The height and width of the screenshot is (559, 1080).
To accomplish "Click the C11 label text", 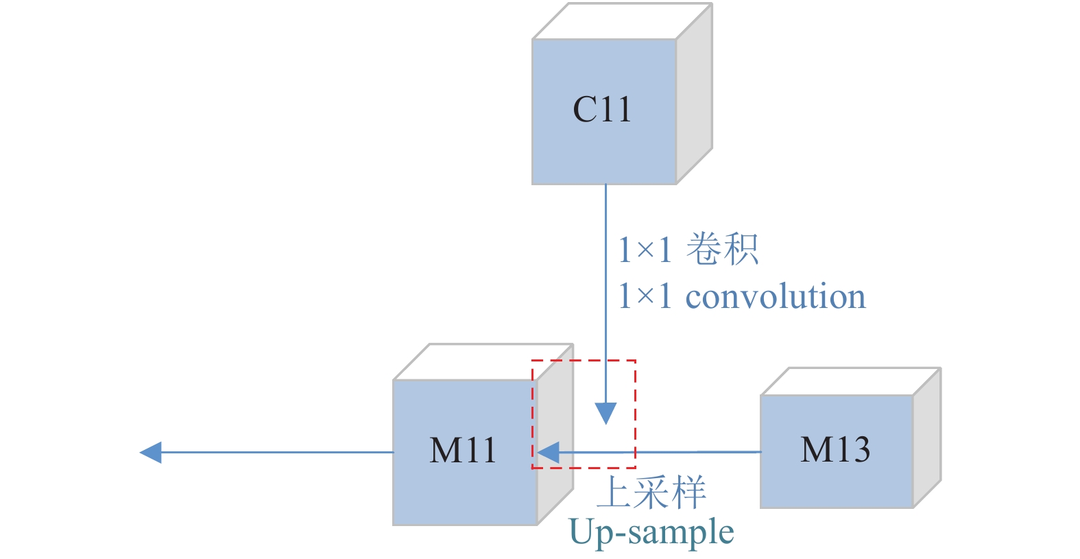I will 601,110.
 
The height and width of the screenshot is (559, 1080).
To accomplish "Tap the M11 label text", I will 463,451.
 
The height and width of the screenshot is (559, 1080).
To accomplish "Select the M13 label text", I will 835,450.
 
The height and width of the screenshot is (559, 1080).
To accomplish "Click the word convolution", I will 776,296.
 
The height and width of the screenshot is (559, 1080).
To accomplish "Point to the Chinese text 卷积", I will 722,249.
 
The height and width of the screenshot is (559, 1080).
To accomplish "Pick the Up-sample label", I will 651,532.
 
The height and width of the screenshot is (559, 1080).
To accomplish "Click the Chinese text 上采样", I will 651,492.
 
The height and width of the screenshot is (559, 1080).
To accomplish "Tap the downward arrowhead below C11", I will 605,413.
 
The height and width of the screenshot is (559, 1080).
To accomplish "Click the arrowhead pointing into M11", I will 549,453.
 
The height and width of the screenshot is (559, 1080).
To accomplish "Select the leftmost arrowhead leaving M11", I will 151,453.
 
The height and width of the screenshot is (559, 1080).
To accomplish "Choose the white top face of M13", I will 850,381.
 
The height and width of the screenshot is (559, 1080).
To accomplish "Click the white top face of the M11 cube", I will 483,362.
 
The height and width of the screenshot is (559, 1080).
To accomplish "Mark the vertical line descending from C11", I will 605,288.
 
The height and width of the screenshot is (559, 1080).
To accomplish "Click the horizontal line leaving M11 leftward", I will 274,453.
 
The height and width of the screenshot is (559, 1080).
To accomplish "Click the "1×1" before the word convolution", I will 645,296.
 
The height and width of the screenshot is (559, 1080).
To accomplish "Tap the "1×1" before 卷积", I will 645,249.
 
